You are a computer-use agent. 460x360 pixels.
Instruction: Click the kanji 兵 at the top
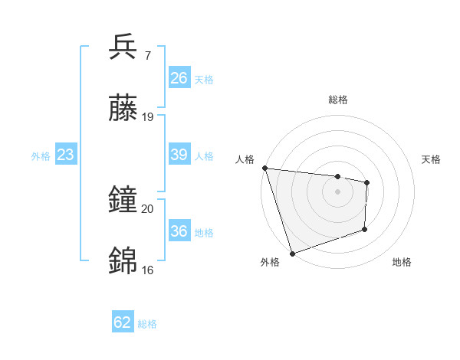click(x=123, y=47)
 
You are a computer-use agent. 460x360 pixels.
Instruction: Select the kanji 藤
click(x=123, y=110)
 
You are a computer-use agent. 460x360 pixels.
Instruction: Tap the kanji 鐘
click(x=123, y=201)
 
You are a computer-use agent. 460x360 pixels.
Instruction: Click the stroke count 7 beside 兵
click(x=147, y=56)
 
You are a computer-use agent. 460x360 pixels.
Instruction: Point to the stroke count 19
click(x=148, y=117)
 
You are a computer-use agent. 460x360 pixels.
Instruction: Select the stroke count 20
click(x=148, y=208)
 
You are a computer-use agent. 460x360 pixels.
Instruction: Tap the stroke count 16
click(x=148, y=270)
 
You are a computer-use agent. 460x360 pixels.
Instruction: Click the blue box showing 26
click(x=179, y=78)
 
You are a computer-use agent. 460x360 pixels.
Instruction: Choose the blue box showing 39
click(x=179, y=155)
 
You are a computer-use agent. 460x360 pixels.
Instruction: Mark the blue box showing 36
click(x=179, y=231)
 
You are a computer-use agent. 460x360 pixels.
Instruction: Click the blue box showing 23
click(x=66, y=155)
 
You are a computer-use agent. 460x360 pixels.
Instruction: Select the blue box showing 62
click(x=123, y=322)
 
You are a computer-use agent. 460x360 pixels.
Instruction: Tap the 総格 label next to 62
click(x=147, y=324)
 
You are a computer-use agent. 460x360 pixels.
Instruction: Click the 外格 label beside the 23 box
click(x=41, y=156)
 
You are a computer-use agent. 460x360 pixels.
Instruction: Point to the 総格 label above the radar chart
click(x=337, y=100)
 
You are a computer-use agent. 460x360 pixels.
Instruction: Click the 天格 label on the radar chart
click(x=432, y=159)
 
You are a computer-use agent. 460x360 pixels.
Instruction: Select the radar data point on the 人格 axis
click(x=264, y=168)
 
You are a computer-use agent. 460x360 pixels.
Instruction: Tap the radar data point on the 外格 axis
click(x=292, y=253)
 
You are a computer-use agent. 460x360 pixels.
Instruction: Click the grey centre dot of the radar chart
click(x=337, y=191)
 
